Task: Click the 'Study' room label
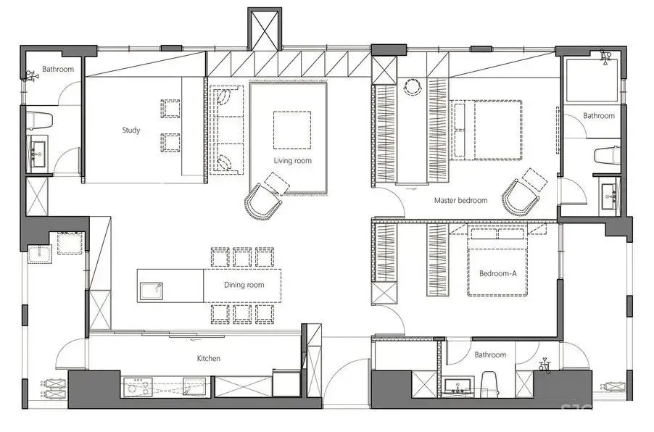coord(131,130)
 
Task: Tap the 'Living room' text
coord(292,160)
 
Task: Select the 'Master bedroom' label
coord(460,200)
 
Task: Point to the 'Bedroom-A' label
coord(497,273)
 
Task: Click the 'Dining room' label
coord(244,285)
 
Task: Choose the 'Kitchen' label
coord(209,358)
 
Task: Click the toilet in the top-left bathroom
coord(39,120)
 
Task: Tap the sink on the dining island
coord(151,291)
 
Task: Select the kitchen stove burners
coord(138,386)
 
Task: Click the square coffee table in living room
coord(292,130)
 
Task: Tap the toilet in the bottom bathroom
coord(489,383)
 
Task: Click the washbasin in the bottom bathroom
coord(458,386)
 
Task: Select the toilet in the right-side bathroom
coord(607,156)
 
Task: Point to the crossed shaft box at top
coord(265,29)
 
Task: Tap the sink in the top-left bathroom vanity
coord(38,151)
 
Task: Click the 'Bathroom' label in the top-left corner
coord(58,69)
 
